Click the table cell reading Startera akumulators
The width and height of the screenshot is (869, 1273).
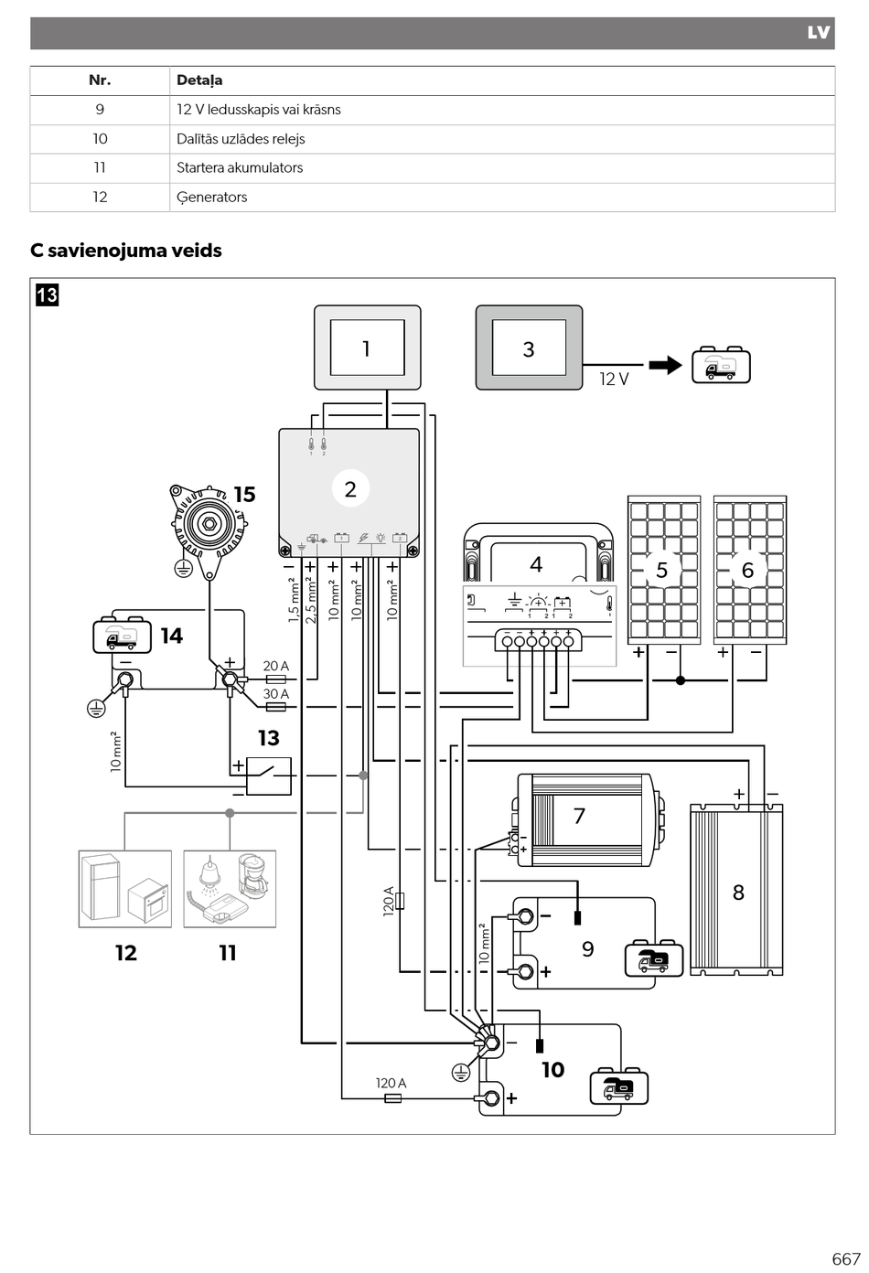tap(240, 167)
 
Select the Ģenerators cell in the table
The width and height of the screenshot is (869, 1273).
tap(211, 198)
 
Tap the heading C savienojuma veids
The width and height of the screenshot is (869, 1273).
tap(125, 250)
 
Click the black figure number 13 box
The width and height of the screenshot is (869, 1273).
tap(48, 295)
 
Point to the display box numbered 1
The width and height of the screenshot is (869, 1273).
tap(367, 348)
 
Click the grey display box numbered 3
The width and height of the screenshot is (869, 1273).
tap(529, 348)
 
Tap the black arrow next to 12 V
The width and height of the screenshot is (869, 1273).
tap(665, 365)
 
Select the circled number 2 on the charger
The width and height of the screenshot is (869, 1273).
tap(350, 488)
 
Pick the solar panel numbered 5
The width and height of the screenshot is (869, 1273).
tap(664, 570)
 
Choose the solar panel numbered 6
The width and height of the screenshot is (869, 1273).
tap(750, 570)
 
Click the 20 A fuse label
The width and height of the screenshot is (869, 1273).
tap(275, 666)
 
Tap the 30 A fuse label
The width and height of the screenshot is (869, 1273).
tap(275, 694)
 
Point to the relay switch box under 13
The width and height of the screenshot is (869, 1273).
tap(268, 776)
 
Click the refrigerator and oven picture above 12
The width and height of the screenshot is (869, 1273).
tap(125, 889)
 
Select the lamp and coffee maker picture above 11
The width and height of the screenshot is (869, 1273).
tap(230, 889)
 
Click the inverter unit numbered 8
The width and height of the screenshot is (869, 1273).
tap(736, 890)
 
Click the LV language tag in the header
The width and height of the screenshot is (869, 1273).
tap(819, 33)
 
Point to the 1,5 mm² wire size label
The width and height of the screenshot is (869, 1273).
tap(294, 600)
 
